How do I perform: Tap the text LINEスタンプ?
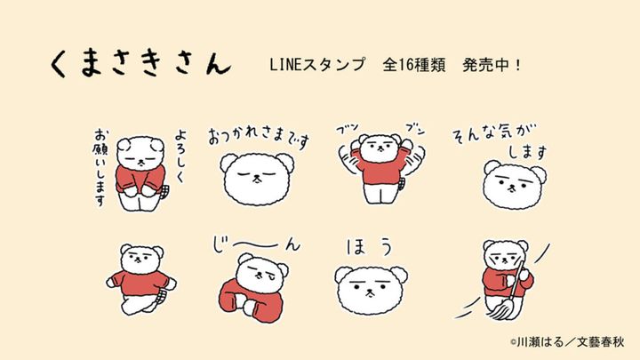coord(316,67)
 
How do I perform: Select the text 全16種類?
coord(414,67)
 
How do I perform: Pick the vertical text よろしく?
coord(182,148)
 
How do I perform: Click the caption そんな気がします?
coord(502,142)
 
